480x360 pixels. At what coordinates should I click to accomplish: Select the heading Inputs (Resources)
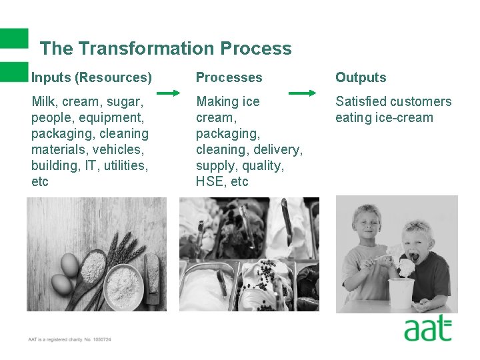pos(91,77)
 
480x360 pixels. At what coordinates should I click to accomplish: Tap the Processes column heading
pos(229,77)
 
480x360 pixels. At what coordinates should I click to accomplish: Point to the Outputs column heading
pos(361,77)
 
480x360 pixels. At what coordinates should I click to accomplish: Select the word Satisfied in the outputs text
pos(361,101)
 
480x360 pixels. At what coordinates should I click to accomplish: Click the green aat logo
pos(427,329)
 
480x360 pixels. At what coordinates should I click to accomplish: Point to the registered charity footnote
pos(69,340)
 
